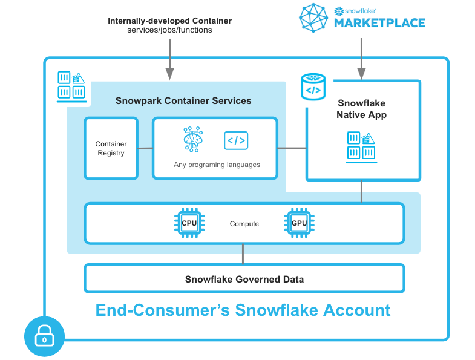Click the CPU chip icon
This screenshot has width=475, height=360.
(x=189, y=223)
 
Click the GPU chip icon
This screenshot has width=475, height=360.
(x=299, y=223)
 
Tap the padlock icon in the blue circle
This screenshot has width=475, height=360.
(x=45, y=336)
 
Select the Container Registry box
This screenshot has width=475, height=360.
(x=111, y=148)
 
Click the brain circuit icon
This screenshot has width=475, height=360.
(x=193, y=139)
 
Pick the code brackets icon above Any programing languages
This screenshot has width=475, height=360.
(x=236, y=140)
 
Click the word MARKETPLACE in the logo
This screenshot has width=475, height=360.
(x=379, y=23)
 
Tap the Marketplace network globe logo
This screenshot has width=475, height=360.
(x=313, y=18)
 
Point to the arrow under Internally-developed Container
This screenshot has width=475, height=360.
(x=169, y=59)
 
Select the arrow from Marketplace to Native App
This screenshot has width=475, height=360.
(x=361, y=59)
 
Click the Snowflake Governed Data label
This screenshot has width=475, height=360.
(x=244, y=279)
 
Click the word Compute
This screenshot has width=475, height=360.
(x=244, y=224)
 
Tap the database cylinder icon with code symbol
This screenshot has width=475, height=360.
(x=313, y=87)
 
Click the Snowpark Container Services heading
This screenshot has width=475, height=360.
(x=183, y=100)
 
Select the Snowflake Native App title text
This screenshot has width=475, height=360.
(x=361, y=109)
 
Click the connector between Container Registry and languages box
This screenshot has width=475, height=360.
(x=145, y=148)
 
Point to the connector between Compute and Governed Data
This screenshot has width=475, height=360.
(x=243, y=254)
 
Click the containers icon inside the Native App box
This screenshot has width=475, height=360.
(x=361, y=147)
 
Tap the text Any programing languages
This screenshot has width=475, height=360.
(x=217, y=165)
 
